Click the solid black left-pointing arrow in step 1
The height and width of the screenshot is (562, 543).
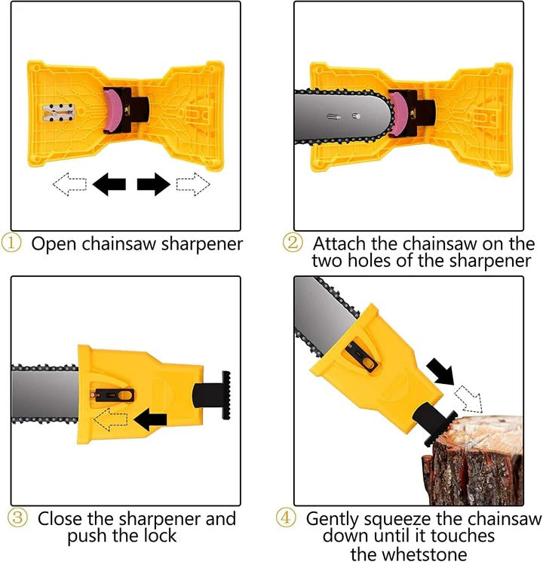109,183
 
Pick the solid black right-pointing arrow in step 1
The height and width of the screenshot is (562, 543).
154,183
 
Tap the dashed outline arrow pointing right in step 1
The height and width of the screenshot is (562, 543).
192,183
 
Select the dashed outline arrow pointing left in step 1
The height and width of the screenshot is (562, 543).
70,183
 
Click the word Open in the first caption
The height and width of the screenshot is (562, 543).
57,244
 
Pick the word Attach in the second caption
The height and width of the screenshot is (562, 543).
339,244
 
